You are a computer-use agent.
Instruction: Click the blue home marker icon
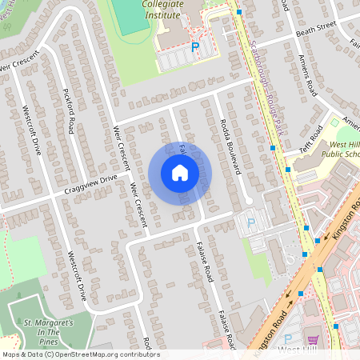pyautogui.click(x=180, y=173)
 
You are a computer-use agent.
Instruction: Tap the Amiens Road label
pyautogui.click(x=306, y=77)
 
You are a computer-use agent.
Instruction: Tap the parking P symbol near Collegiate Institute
pyautogui.click(x=194, y=48)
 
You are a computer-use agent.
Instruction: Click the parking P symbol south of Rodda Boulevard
pyautogui.click(x=251, y=224)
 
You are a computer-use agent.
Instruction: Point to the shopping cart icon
pyautogui.click(x=312, y=339)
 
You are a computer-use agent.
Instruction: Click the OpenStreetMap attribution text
pyautogui.click(x=80, y=354)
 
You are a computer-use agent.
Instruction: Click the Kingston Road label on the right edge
pyautogui.click(x=343, y=240)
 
